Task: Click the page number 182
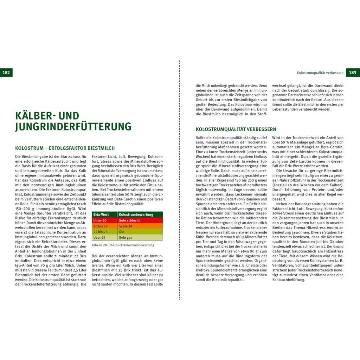click(x=6, y=73)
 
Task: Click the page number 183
click(x=353, y=73)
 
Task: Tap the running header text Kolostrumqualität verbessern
click(x=320, y=73)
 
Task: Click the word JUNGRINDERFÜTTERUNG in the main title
click(x=73, y=126)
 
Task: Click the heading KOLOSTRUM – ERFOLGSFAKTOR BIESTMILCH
click(x=65, y=148)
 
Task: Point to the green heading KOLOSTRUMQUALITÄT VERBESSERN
click(x=236, y=129)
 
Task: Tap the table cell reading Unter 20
click(x=99, y=220)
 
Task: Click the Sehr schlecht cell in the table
click(x=129, y=220)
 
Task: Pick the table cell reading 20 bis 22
click(x=100, y=226)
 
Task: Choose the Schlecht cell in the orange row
click(x=126, y=226)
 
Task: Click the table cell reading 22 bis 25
click(x=100, y=232)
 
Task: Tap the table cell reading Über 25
click(x=99, y=238)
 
